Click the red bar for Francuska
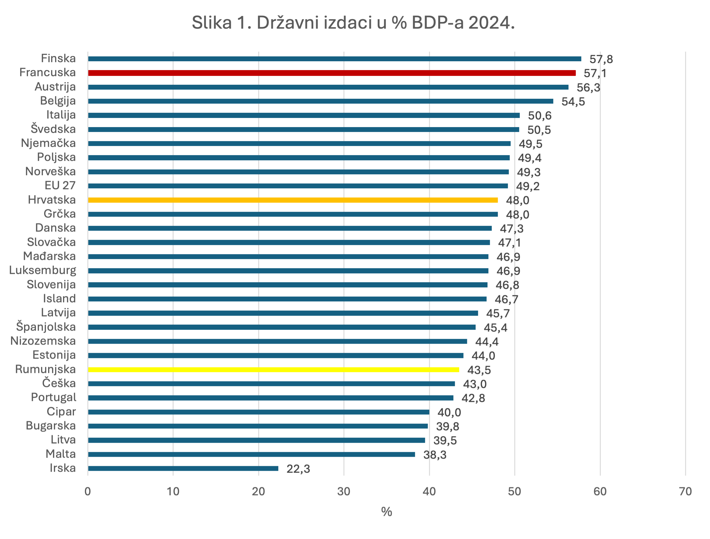click(332, 73)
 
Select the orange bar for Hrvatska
click(293, 200)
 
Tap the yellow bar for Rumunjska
click(273, 369)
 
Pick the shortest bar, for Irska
click(183, 468)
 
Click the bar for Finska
click(335, 59)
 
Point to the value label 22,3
click(298, 469)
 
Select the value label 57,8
click(601, 59)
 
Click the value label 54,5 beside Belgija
click(573, 102)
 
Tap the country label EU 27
click(60, 186)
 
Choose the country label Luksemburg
click(43, 271)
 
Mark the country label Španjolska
click(46, 327)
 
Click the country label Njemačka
click(48, 143)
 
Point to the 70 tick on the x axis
click(685, 491)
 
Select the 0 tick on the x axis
click(88, 491)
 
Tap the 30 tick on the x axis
click(343, 491)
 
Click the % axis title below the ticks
click(386, 512)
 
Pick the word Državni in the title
click(287, 23)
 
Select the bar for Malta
click(251, 454)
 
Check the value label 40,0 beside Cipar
click(449, 413)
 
